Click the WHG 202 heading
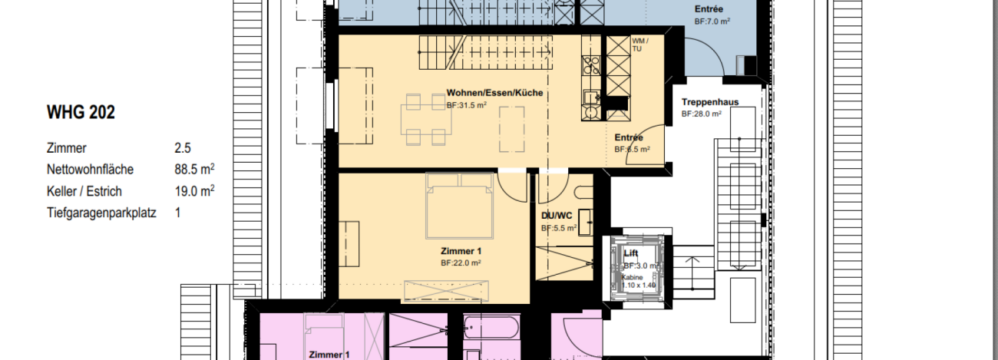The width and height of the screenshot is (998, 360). (81, 113)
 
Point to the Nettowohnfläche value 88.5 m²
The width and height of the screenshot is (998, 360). (194, 170)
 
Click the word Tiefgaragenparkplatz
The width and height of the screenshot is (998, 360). (101, 213)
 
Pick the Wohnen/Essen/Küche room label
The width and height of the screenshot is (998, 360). (494, 93)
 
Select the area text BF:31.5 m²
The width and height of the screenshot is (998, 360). (466, 105)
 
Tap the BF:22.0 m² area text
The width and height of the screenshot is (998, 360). (461, 263)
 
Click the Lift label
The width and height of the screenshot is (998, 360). (631, 253)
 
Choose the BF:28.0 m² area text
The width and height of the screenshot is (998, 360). (702, 114)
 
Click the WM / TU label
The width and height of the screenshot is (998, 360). (639, 44)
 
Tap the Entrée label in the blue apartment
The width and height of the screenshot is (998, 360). (709, 9)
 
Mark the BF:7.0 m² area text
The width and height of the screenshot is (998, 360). (712, 21)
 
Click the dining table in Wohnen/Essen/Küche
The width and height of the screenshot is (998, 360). (424, 119)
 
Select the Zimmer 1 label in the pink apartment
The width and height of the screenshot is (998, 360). (329, 355)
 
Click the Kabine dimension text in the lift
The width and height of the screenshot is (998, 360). (639, 281)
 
